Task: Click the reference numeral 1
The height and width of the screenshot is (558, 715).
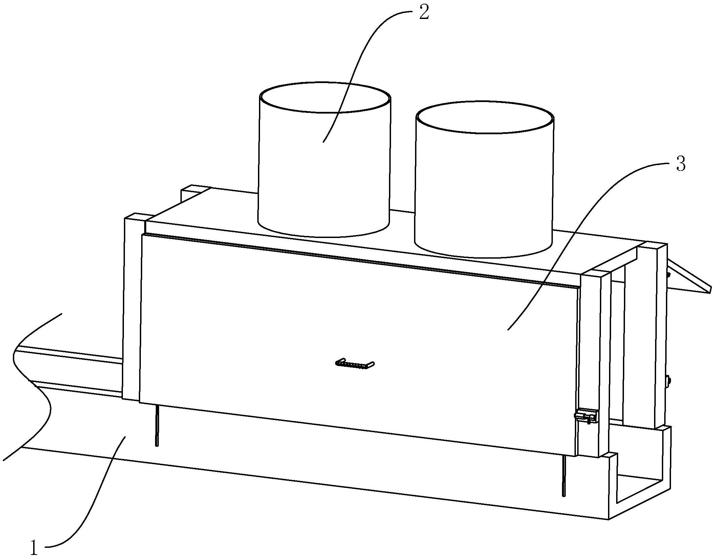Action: tap(34, 547)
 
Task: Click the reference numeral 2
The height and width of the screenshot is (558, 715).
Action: tap(424, 13)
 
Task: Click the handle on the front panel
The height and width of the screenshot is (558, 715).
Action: tap(355, 364)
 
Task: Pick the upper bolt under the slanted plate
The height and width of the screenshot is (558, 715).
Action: tap(668, 275)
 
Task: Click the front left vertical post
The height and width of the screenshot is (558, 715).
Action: tap(131, 305)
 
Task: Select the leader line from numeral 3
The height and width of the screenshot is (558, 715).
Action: tap(576, 237)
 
